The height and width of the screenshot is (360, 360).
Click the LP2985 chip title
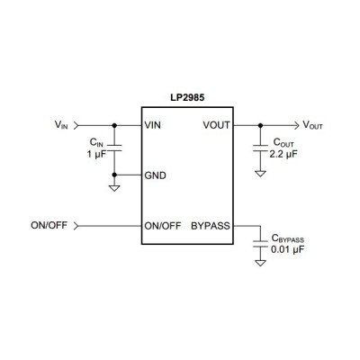pyautogui.click(x=187, y=98)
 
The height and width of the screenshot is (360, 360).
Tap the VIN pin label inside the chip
pyautogui.click(x=153, y=125)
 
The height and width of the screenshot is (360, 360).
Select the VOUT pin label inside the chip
pyautogui.click(x=217, y=125)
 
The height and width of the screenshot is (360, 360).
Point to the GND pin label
pyautogui.click(x=156, y=175)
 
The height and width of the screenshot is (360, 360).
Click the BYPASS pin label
pyautogui.click(x=211, y=226)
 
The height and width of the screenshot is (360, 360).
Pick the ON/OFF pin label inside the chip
pyautogui.click(x=163, y=226)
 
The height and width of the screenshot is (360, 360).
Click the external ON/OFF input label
pyautogui.click(x=49, y=225)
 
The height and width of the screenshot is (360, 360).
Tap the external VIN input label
pyautogui.click(x=61, y=125)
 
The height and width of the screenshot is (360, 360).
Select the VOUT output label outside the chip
pyautogui.click(x=312, y=125)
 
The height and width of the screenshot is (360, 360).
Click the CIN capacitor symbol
pyautogui.click(x=114, y=148)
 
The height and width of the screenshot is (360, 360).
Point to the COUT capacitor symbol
pyautogui.click(x=260, y=148)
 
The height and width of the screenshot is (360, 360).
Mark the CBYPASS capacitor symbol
pyautogui.click(x=260, y=244)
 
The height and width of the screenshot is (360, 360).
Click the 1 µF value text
pyautogui.click(x=96, y=155)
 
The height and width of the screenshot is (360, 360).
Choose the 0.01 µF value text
pyautogui.click(x=287, y=249)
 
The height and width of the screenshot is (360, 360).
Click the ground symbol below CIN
pyautogui.click(x=114, y=188)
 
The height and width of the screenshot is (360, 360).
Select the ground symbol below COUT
pyautogui.click(x=260, y=174)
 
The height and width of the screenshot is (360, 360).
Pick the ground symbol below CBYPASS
pyautogui.click(x=260, y=263)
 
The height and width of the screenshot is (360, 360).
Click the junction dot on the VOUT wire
pyautogui.click(x=260, y=125)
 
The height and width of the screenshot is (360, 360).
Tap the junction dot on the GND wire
pyautogui.click(x=114, y=175)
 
